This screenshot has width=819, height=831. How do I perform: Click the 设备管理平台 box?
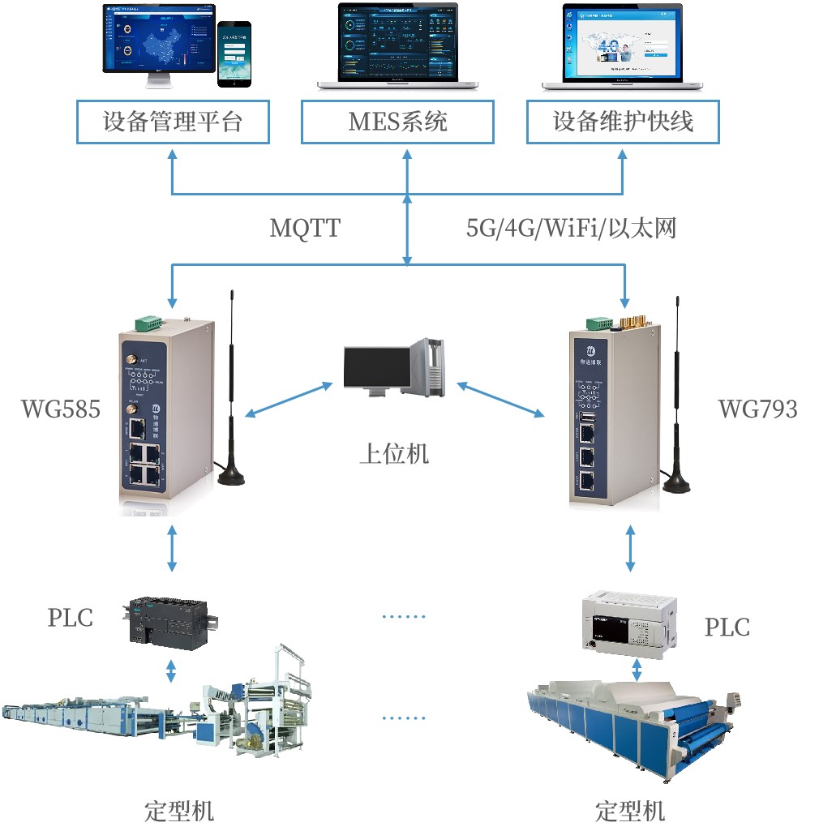tap(173, 122)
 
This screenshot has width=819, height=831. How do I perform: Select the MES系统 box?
tap(397, 122)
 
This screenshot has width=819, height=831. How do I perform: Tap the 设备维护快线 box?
tap(623, 122)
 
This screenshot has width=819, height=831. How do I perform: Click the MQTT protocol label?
tap(305, 229)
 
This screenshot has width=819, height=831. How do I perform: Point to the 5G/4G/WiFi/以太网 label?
tap(571, 229)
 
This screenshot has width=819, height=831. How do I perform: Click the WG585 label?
tap(61, 409)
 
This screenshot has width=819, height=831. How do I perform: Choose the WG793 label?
tap(757, 409)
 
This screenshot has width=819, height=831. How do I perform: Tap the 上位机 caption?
tap(394, 453)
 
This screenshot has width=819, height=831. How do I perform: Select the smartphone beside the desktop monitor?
tap(234, 54)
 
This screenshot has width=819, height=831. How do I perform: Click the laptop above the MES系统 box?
tap(397, 45)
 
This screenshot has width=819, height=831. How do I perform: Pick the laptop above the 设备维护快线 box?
tap(623, 45)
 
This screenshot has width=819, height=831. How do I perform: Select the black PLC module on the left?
tap(169, 621)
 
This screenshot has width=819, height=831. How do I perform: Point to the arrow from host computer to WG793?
tap(500, 401)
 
